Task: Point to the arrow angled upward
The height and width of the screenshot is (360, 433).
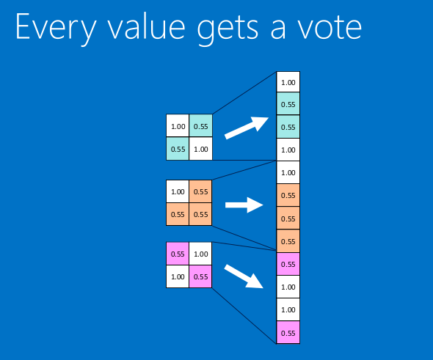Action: click(247, 128)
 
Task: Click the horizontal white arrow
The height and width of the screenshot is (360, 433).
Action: click(244, 205)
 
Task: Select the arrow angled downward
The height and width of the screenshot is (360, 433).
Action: click(243, 276)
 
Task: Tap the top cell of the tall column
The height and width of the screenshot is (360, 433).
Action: click(288, 82)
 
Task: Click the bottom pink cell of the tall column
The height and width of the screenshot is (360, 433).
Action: click(288, 332)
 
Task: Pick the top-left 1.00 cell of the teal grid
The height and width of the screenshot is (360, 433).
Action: click(178, 125)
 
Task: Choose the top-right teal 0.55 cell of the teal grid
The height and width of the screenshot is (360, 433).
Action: click(201, 125)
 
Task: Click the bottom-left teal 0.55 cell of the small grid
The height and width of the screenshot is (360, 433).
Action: click(178, 148)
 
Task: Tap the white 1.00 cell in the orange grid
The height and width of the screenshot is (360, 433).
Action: click(178, 191)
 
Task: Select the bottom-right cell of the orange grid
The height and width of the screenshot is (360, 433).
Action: click(200, 214)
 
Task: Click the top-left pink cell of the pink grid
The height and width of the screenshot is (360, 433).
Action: click(178, 254)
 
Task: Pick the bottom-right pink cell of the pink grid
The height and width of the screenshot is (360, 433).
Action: click(200, 276)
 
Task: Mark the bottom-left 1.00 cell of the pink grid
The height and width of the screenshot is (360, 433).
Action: click(178, 276)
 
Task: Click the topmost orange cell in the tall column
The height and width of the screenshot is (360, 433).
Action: click(288, 195)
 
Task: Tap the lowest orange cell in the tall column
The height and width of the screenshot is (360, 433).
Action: click(288, 240)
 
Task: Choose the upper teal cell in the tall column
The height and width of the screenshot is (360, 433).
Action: click(288, 103)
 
